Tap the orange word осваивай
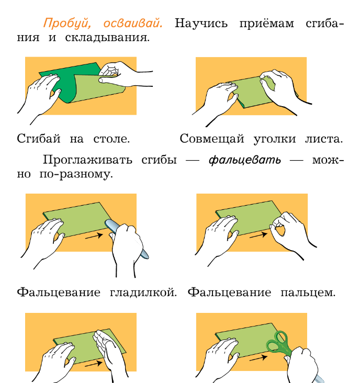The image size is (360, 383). click(133, 23)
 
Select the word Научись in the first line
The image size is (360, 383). click(201, 24)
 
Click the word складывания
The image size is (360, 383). click(107, 38)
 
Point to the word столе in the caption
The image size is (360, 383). click(111, 139)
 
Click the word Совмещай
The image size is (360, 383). click(212, 139)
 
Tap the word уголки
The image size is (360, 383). click(275, 139)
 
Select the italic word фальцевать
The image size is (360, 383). click(245, 160)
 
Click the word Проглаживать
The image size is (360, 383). click(87, 160)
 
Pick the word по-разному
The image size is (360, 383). click(76, 174)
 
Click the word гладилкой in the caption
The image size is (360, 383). click(143, 292)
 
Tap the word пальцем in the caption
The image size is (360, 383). click(308, 292)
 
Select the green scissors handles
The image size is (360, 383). click(278, 343)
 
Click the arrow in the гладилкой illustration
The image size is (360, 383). click(94, 236)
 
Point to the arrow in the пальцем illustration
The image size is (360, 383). click(258, 235)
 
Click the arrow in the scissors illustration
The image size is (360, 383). click(258, 358)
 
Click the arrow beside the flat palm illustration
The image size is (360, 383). click(94, 364)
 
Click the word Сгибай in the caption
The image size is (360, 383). click(39, 139)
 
